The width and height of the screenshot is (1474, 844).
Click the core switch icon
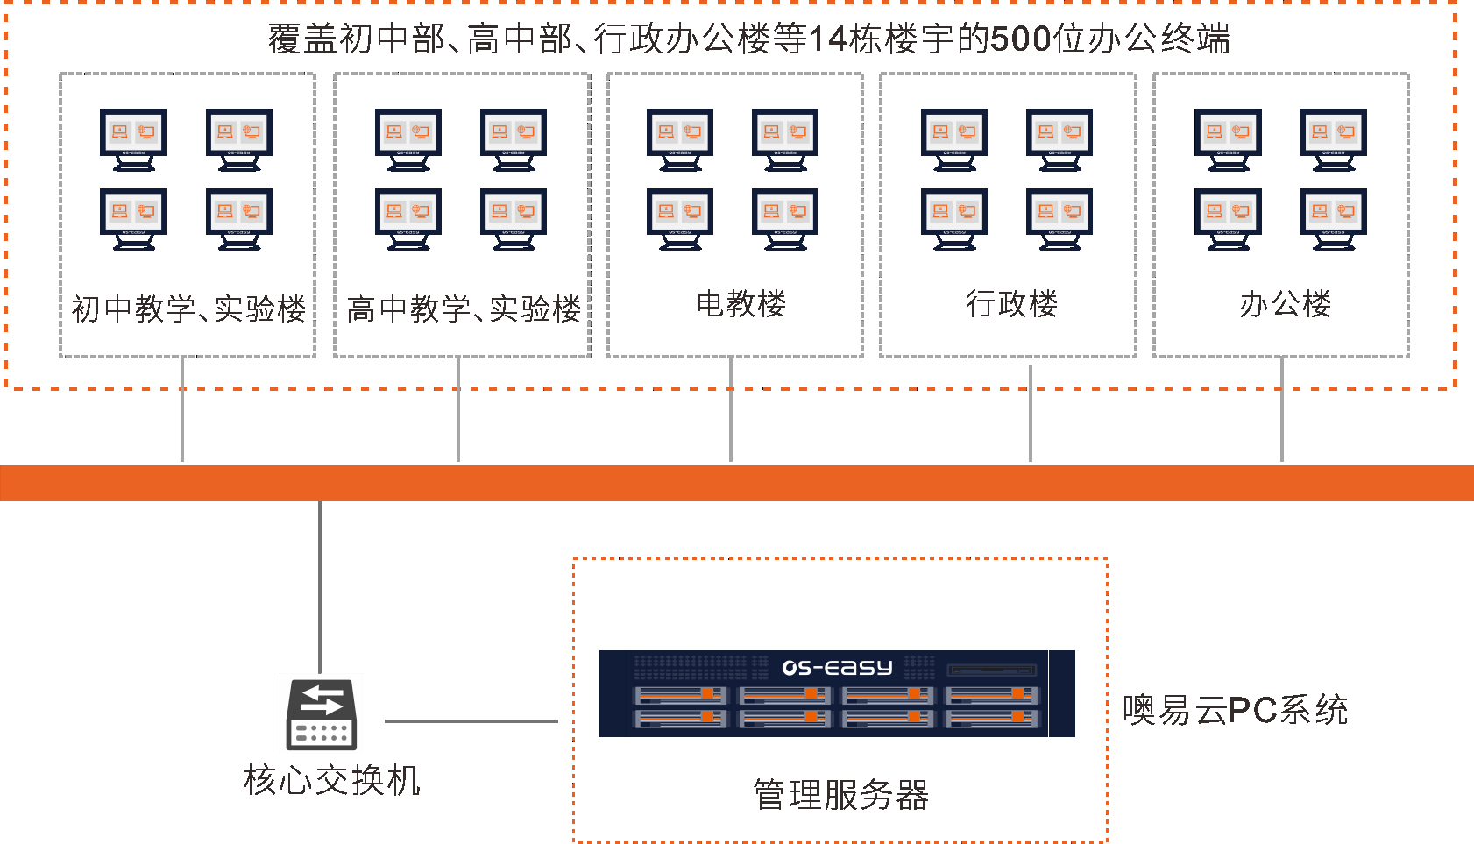click(x=322, y=714)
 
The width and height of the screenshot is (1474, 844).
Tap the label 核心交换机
click(x=332, y=780)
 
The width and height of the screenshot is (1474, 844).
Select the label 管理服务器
click(x=840, y=795)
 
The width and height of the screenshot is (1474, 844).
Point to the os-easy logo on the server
click(x=837, y=668)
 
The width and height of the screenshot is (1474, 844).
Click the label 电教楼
click(x=741, y=304)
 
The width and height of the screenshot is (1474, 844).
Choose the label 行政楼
click(x=1011, y=304)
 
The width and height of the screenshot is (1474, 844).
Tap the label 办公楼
click(x=1285, y=304)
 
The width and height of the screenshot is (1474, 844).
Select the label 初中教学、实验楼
click(x=188, y=309)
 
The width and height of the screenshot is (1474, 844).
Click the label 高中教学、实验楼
click(x=464, y=309)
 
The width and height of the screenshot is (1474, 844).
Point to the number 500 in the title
click(x=1020, y=39)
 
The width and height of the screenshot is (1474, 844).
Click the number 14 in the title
click(x=827, y=39)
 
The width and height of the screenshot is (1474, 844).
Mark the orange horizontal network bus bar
click(x=737, y=483)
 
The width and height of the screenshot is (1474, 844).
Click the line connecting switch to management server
click(x=471, y=721)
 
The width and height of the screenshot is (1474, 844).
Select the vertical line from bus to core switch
click(x=320, y=587)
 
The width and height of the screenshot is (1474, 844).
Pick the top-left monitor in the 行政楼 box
click(x=954, y=138)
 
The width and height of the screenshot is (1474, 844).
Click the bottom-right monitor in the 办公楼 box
click(x=1333, y=217)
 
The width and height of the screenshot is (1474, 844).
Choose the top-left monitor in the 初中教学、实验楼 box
click(x=133, y=138)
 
